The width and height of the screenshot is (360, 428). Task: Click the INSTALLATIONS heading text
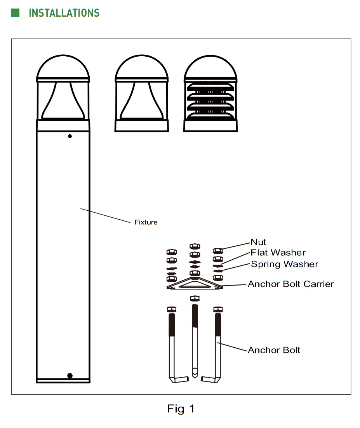[64, 13]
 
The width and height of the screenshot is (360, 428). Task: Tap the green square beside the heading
[15, 13]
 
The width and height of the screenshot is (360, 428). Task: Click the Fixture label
[146, 222]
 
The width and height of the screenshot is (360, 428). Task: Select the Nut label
[258, 243]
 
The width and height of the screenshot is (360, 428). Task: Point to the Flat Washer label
[278, 253]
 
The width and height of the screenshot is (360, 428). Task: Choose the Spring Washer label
[285, 264]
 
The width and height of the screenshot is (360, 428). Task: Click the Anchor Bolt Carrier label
[291, 284]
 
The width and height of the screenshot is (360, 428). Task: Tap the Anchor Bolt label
[274, 350]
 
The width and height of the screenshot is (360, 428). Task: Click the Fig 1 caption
[181, 409]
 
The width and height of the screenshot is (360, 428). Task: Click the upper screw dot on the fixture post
[70, 136]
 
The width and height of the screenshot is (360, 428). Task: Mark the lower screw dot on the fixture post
[70, 376]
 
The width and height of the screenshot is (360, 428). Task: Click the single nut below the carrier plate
[195, 298]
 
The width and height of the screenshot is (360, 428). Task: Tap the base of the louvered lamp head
[210, 126]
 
